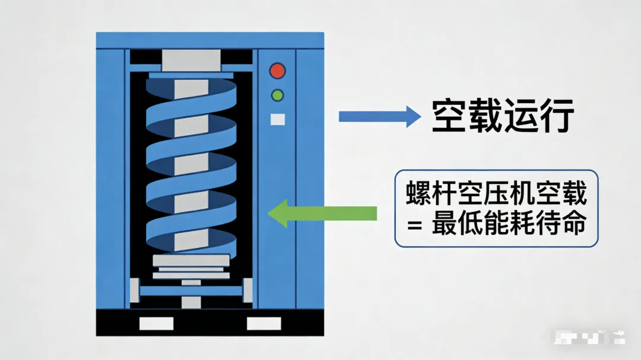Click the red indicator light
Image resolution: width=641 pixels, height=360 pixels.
coord(277,71)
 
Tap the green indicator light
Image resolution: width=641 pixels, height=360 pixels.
coord(277,95)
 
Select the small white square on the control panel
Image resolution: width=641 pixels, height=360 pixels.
coord(277,119)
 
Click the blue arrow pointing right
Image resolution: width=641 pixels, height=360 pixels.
coord(379,116)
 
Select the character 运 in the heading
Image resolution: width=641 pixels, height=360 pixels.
coord(521,116)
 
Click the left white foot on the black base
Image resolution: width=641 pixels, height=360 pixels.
coord(156,323)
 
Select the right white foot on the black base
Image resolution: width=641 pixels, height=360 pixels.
coord(264,323)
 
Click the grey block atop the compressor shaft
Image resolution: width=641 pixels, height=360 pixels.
coord(191,60)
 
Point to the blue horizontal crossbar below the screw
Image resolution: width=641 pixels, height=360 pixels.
coord(191,291)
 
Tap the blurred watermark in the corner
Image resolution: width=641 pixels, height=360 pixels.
coord(587,337)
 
